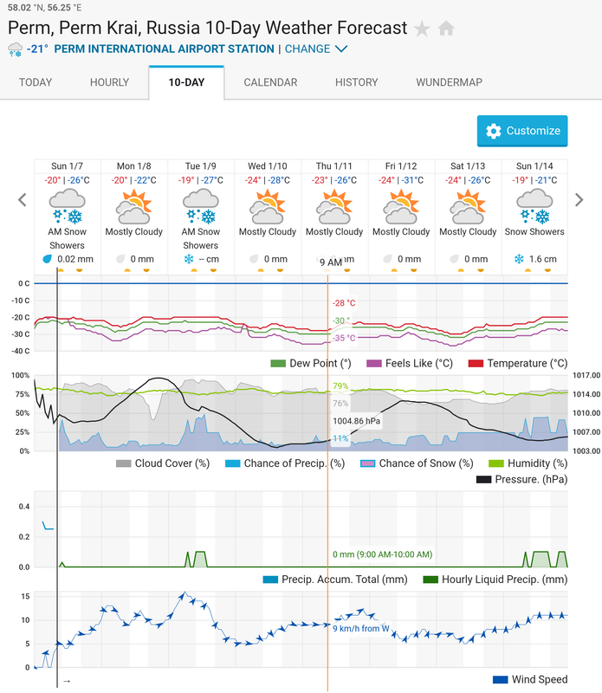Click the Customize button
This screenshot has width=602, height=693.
(522, 131)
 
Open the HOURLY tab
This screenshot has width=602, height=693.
(109, 82)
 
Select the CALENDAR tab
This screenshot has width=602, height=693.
(270, 82)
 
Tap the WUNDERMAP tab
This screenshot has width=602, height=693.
(449, 82)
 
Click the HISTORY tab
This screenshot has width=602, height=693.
(356, 82)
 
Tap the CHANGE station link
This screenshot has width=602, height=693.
(316, 49)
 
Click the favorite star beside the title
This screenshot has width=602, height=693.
(422, 29)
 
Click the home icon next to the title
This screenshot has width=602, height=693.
(446, 29)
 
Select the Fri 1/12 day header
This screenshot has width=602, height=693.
(401, 166)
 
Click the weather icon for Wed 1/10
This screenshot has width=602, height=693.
(268, 206)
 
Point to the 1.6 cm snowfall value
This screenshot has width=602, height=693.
(543, 259)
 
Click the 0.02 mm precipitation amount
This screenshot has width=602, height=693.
(75, 259)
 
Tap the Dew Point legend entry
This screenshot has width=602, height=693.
(311, 363)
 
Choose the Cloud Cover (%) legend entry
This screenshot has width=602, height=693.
(163, 463)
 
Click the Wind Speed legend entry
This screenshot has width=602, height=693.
(530, 679)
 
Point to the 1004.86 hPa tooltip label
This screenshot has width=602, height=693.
(356, 421)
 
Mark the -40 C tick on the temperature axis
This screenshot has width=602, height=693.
(21, 351)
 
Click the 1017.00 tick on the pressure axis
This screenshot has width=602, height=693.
(586, 375)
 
